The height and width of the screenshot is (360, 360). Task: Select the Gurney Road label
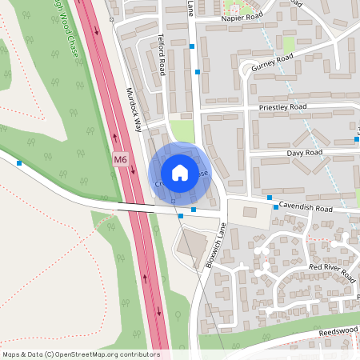[274, 63]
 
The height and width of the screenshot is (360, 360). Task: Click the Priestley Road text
[282, 106]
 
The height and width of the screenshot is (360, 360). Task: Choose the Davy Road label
[305, 151]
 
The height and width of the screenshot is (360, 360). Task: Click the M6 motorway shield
[120, 160]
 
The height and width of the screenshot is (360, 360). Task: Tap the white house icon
[180, 172]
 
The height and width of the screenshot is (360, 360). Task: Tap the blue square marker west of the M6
[18, 162]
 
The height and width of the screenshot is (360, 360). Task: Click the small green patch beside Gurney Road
[288, 45]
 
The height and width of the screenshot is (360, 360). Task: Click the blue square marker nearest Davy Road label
[356, 140]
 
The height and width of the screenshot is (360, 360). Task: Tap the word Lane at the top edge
[190, 5]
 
